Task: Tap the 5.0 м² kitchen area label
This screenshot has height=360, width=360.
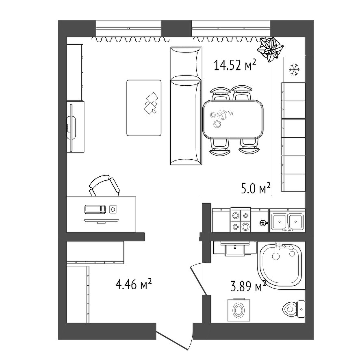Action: (x=256, y=188)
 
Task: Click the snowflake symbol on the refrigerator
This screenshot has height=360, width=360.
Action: (x=294, y=69)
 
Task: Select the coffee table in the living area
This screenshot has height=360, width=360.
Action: (x=144, y=108)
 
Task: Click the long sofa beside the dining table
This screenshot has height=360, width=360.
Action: (x=186, y=106)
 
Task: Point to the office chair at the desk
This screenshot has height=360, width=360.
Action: (x=104, y=186)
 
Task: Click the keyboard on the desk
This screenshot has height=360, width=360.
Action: (x=95, y=209)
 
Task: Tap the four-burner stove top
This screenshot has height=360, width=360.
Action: (x=241, y=220)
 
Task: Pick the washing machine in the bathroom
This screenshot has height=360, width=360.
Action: (x=239, y=310)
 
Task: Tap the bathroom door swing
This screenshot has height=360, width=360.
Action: (x=198, y=279)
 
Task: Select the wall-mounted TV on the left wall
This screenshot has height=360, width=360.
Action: (x=72, y=128)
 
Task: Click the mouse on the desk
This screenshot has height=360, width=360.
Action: (x=113, y=209)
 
